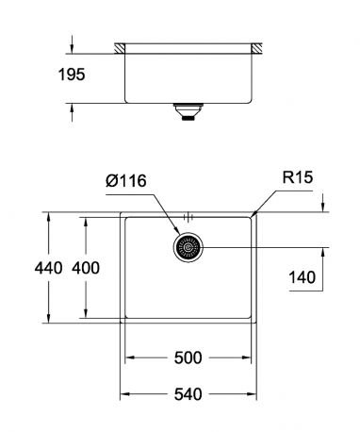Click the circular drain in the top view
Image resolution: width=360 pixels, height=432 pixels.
tap(188, 248)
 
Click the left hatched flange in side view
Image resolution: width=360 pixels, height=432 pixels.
tap(121, 47)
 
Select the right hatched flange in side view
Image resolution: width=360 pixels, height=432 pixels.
tap(256, 47)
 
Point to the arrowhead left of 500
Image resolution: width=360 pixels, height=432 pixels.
tap(132, 359)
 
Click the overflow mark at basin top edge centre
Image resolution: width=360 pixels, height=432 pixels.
tap(188, 214)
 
